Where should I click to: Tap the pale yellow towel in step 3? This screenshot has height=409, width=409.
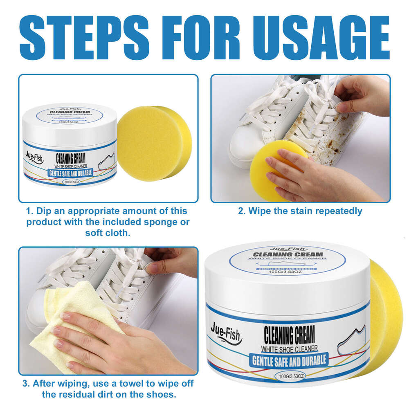74,311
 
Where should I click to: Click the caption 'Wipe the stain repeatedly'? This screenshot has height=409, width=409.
300,211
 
